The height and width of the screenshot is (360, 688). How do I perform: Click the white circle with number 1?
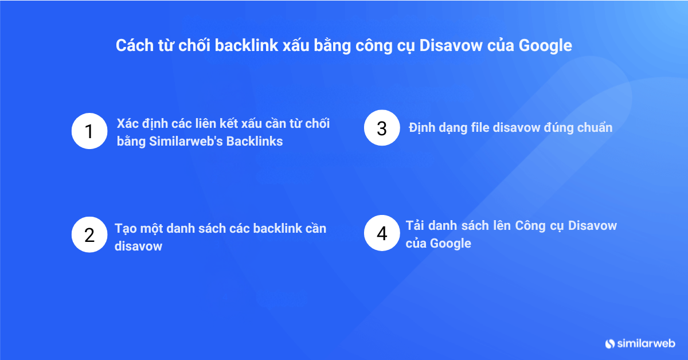coord(89,131)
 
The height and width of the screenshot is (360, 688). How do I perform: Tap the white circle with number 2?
coord(89,234)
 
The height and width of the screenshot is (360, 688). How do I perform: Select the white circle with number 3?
coord(382,128)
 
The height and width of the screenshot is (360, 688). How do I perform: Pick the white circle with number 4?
coord(382,233)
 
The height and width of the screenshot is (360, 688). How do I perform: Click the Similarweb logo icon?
coord(609,344)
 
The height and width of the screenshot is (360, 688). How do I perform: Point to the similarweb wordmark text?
coord(646,343)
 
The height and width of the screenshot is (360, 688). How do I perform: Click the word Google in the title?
coord(545,46)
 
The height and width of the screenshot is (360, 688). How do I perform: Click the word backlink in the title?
coord(247,45)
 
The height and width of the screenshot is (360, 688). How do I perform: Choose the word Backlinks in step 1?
coord(255,142)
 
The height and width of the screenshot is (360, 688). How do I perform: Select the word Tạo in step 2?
coord(126,229)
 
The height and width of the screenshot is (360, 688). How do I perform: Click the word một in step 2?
coord(151,229)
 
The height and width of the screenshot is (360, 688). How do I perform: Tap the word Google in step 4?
coord(451,244)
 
